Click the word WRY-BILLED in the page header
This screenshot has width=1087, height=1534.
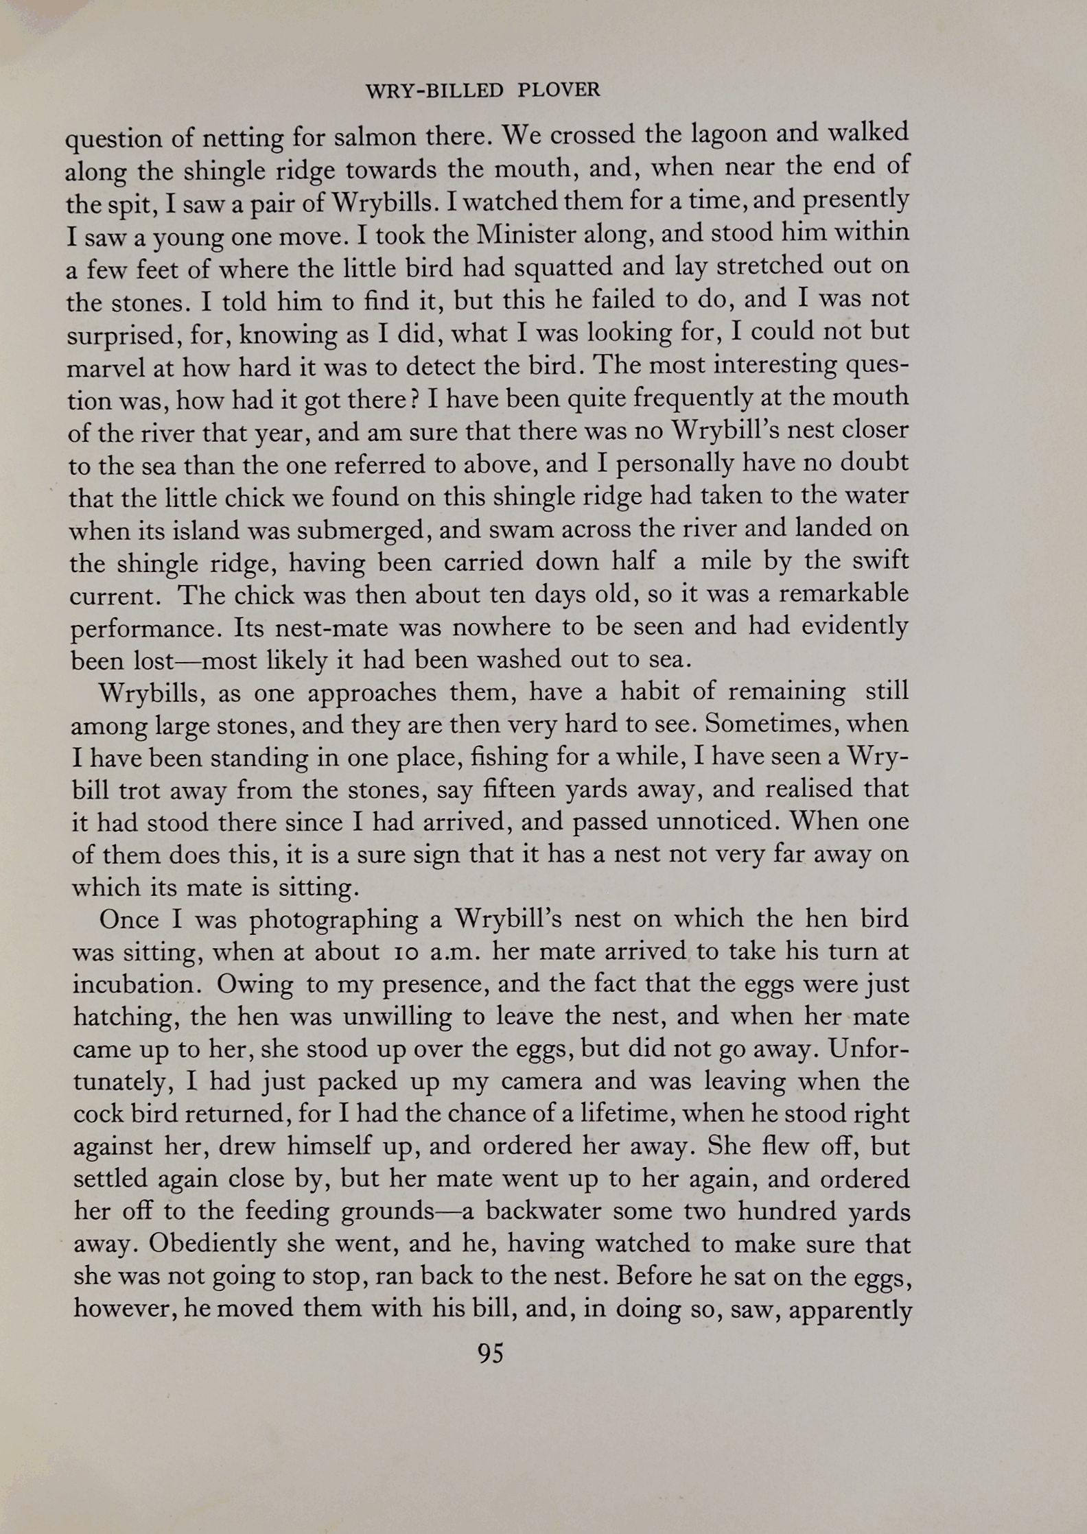[x=436, y=90]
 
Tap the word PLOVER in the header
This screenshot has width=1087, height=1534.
[x=559, y=90]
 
